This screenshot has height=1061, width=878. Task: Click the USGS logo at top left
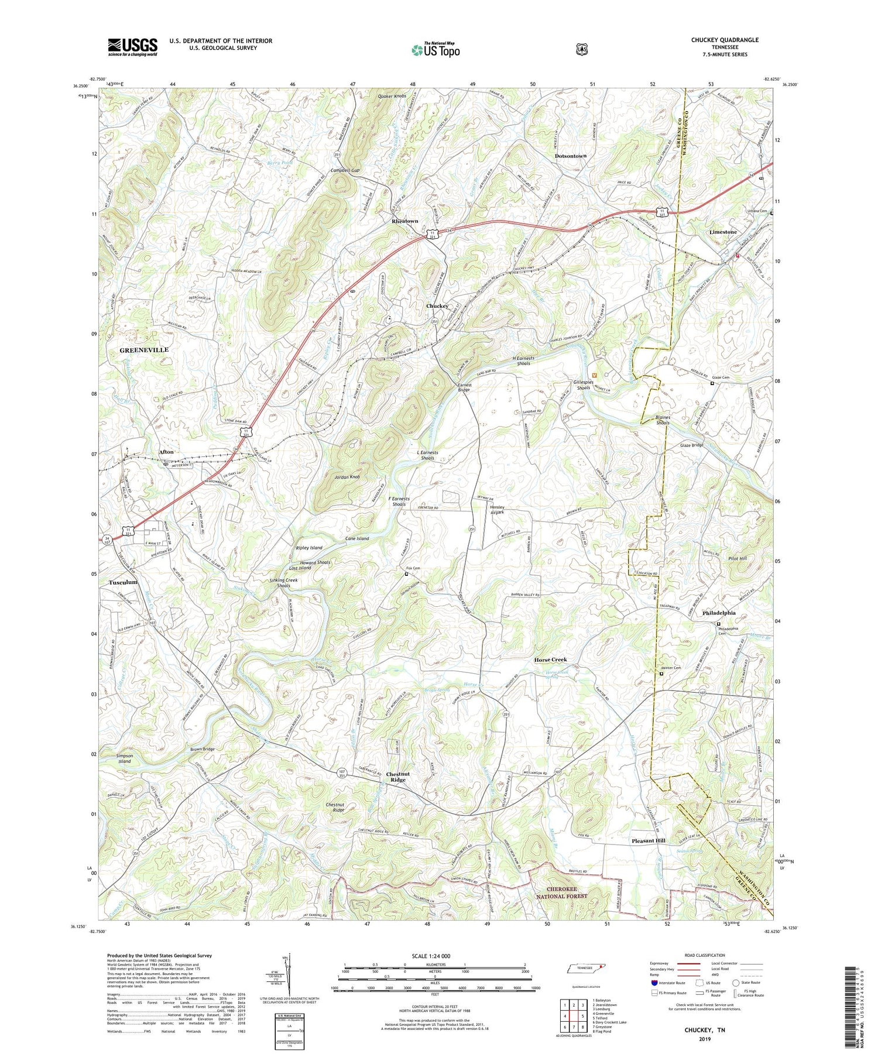pyautogui.click(x=132, y=46)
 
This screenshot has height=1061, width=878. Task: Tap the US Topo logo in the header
pyautogui.click(x=435, y=50)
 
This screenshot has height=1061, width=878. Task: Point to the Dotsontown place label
pyautogui.click(x=570, y=156)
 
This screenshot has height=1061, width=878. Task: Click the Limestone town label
pyautogui.click(x=723, y=232)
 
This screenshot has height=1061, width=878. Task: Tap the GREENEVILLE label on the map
pyautogui.click(x=144, y=350)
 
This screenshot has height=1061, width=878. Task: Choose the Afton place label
pyautogui.click(x=166, y=452)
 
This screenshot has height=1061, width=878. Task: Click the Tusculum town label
pyautogui.click(x=123, y=582)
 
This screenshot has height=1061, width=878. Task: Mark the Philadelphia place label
pyautogui.click(x=719, y=613)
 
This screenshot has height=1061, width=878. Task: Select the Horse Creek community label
pyautogui.click(x=550, y=660)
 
